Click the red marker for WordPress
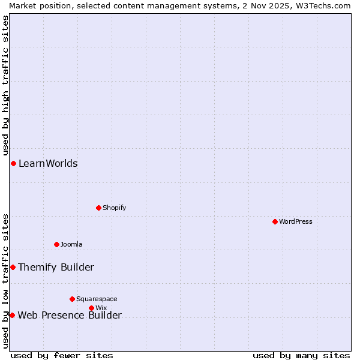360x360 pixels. point(275,221)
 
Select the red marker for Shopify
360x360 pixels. point(98,208)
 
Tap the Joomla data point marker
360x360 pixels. point(56,244)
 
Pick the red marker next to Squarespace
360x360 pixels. point(72,299)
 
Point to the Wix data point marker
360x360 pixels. point(91,308)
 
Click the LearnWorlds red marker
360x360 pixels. point(13,163)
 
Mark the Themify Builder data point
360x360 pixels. point(13,267)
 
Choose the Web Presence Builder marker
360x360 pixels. point(12,315)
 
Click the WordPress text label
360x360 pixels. point(296,221)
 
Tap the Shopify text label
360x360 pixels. point(115,208)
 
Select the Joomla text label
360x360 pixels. point(71,244)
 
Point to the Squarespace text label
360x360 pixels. point(97,299)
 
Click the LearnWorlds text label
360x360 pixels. point(48,163)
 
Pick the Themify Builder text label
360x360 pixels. point(56,267)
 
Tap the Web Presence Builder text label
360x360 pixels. point(70,315)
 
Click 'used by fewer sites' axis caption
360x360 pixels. point(62,355)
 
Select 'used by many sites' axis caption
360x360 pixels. point(301,355)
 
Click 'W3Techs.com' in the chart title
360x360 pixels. point(324,5)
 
